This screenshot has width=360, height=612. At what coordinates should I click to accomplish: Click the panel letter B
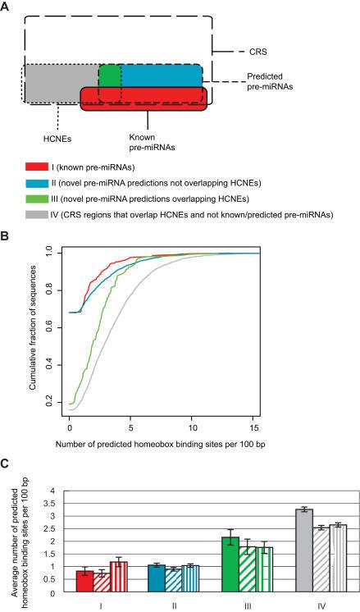tap(6, 235)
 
